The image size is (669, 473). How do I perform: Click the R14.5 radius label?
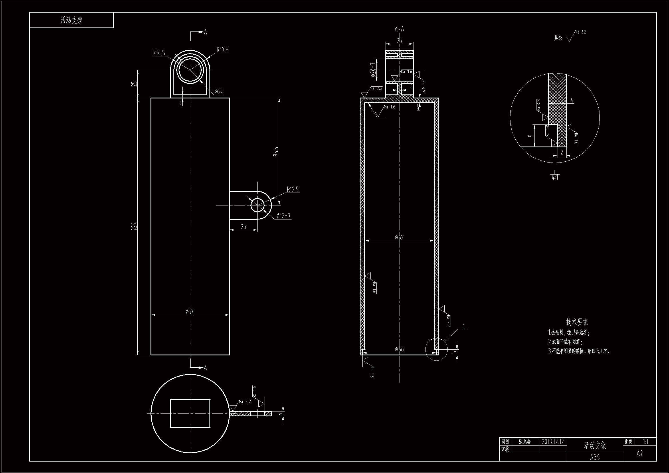pos(159,53)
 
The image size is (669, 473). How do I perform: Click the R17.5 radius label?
pos(223,50)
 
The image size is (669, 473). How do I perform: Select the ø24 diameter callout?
pos(219,92)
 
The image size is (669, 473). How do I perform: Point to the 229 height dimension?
pos(134,226)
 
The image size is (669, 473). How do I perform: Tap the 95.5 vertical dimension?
pos(276,151)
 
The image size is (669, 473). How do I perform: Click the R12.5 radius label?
pos(292,190)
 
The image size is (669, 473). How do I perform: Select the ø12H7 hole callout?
pos(283,216)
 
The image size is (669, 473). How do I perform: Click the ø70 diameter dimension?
pos(190,312)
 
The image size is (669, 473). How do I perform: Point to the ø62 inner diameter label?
pos(399,238)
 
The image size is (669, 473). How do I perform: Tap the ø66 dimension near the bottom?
pos(399,349)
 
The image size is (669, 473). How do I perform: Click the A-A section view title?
pos(399,29)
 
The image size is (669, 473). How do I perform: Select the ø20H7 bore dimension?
pos(373,70)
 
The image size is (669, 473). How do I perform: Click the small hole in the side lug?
pos(258,205)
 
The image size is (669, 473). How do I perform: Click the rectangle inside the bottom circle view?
pos(190,413)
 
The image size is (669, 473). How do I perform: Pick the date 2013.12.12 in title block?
pos(553,442)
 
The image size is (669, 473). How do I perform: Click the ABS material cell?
pos(595,457)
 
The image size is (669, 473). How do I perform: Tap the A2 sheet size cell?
pos(640,454)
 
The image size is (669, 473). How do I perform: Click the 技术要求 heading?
pos(577,322)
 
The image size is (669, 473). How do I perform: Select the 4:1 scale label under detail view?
pos(555,177)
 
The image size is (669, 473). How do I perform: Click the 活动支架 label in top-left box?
pos(71,20)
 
